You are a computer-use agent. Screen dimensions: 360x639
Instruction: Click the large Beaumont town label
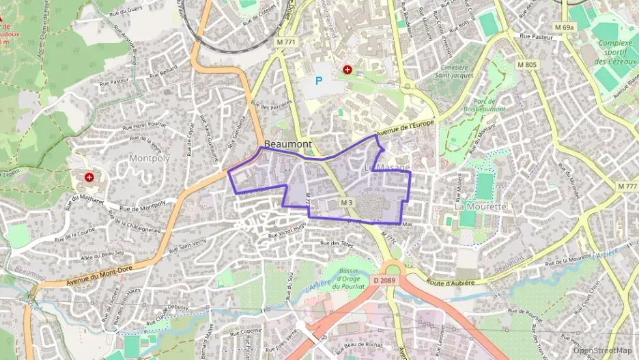point(287,144)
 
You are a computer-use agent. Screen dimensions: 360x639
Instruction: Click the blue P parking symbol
point(318,81)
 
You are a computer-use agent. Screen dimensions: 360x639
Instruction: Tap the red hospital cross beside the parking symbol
point(347,70)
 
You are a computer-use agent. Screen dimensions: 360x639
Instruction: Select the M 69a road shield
point(565,27)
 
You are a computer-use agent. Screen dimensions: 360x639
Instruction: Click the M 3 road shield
point(347,202)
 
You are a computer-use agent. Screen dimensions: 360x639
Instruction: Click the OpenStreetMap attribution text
point(604,350)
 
